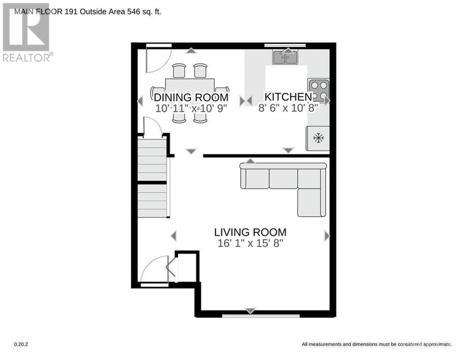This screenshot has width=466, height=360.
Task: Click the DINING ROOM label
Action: pyautogui.click(x=191, y=97)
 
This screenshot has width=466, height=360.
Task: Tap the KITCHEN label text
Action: pyautogui.click(x=288, y=97)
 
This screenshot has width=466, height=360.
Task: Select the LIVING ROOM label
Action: pyautogui.click(x=250, y=232)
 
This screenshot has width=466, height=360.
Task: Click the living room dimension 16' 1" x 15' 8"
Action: pyautogui.click(x=250, y=243)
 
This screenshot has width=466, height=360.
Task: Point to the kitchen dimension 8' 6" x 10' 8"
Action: pyautogui.click(x=288, y=108)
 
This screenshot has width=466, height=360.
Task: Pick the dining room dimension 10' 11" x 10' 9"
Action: pyautogui.click(x=191, y=108)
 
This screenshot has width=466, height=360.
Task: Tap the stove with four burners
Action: pyautogui.click(x=318, y=90)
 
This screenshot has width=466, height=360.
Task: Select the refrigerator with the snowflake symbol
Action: pyautogui.click(x=318, y=138)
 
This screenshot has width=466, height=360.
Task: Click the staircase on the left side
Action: pyautogui.click(x=152, y=178)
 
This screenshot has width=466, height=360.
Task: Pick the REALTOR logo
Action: pyautogui.click(x=26, y=33)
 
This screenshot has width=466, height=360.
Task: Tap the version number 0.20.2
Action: pyautogui.click(x=21, y=345)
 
